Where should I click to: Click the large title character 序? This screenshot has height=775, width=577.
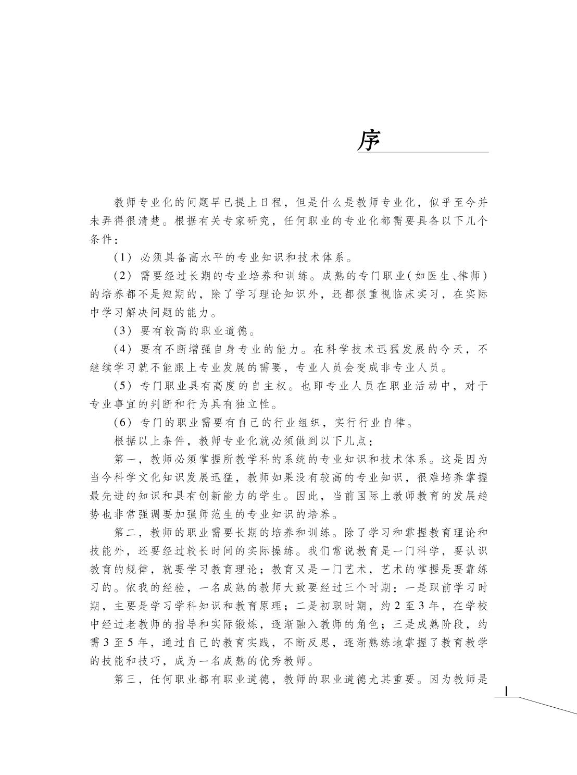coord(369,139)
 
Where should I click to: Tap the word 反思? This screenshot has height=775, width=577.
coord(316,644)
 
